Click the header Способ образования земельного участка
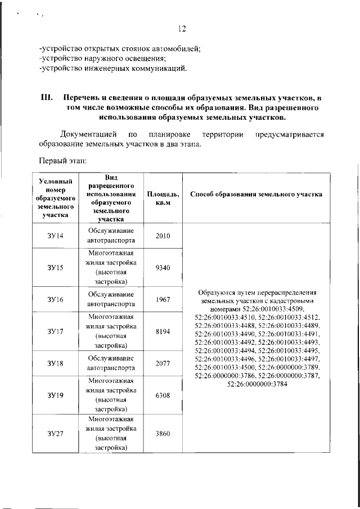click(256, 194)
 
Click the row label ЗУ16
click(56, 300)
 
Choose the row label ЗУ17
click(56, 331)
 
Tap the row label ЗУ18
click(56, 363)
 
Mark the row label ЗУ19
click(56, 395)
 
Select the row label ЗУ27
click(56, 433)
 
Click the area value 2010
click(163, 236)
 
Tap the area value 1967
click(163, 300)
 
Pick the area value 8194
click(163, 331)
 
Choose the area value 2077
click(163, 363)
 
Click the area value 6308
click(163, 395)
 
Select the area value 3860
click(163, 433)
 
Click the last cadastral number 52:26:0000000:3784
click(256, 383)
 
